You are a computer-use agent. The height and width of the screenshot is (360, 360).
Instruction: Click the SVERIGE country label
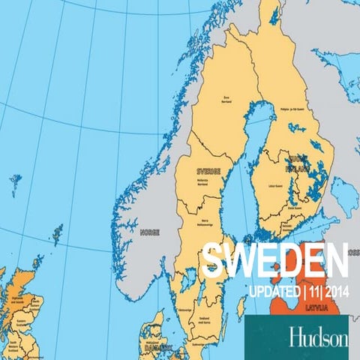coord(208,171)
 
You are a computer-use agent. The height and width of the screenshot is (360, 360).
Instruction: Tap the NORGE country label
coord(149,232)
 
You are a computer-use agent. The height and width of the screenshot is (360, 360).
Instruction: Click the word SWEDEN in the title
coord(276,260)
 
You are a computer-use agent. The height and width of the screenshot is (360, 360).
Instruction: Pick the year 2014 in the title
coord(334,291)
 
